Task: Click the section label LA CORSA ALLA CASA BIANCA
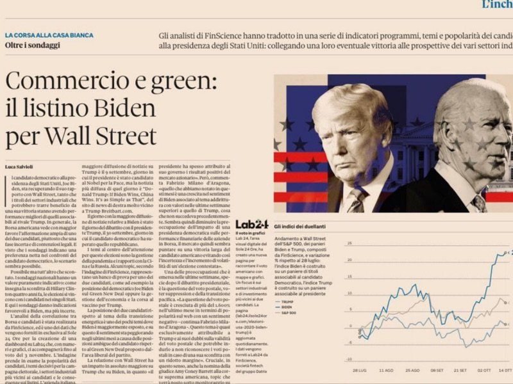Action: tap(49, 35)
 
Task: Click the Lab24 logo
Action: tap(251, 225)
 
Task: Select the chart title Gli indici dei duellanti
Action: tap(299, 227)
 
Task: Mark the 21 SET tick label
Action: tap(460, 371)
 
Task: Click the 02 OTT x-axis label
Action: tap(484, 371)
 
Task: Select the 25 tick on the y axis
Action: tap(510, 252)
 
